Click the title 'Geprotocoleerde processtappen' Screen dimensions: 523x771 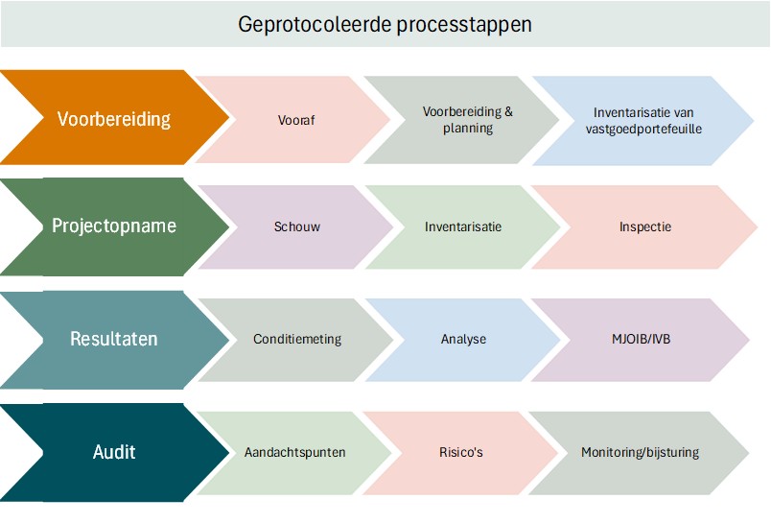pos(385,25)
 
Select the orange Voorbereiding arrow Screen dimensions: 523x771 pos(114,120)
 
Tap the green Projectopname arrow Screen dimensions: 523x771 pos(114,226)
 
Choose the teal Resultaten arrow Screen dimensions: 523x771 pos(114,339)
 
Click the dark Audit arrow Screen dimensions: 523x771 pos(114,452)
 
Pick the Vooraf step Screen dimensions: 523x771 pos(295,121)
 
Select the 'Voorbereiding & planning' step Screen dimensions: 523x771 pos(467,120)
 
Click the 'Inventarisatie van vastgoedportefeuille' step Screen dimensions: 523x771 pos(643,120)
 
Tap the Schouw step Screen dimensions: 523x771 pos(296,227)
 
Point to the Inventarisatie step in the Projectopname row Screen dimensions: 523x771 pos(463,227)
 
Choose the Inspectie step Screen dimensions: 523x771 pos(644,227)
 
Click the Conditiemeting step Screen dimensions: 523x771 pos(297,339)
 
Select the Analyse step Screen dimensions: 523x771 pos(463,339)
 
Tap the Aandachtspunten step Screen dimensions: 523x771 pos(294,452)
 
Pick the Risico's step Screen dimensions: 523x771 pos(460,452)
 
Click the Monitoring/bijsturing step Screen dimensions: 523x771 pos(640,452)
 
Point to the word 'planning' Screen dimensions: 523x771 pos(467,129)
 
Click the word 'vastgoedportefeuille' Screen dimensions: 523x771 pos(643,129)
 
